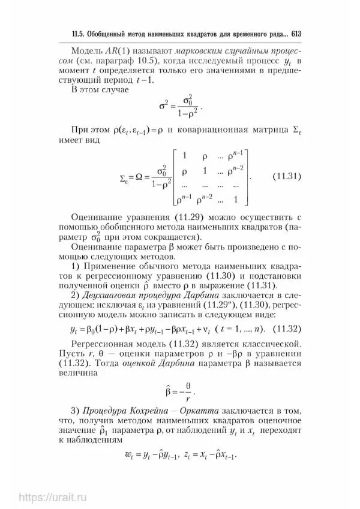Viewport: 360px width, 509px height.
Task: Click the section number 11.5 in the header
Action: [x=76, y=35]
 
